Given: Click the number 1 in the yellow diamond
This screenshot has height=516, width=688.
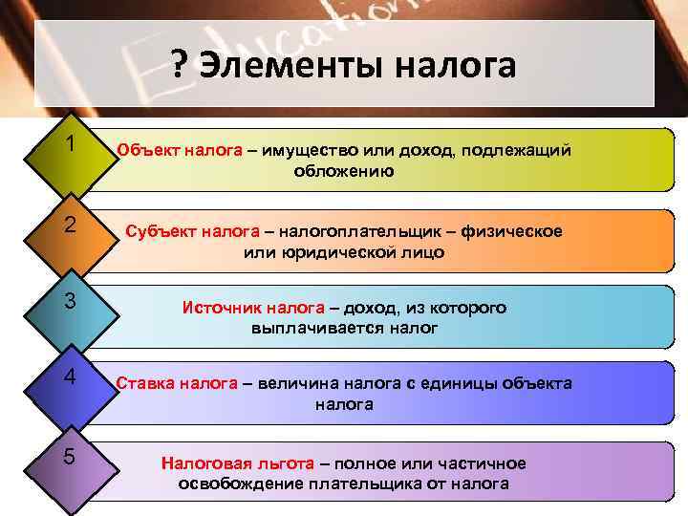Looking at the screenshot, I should coord(71,143).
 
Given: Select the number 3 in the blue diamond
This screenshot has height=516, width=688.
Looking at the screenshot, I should coord(71,301).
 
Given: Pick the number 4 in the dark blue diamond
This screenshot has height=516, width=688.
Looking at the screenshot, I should coord(71,376).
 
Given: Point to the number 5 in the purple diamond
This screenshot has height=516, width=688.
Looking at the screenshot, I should coord(71,455).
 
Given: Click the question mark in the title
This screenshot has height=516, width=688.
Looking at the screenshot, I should coord(180,66).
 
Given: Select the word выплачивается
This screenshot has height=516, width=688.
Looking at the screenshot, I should coord(308,328).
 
